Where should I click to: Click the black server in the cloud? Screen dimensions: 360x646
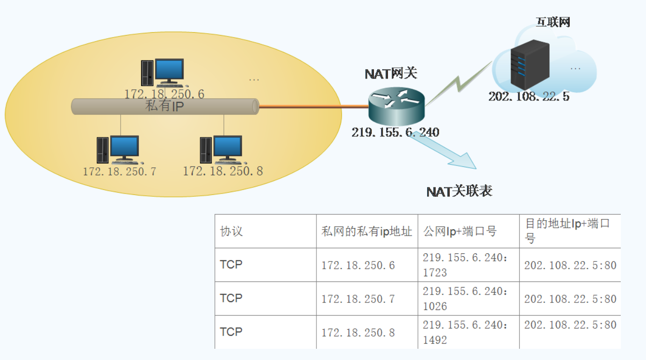coord(529,65)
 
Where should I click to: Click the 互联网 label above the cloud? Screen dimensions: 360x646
coord(553,22)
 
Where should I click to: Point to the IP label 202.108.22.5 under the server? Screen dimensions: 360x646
coord(529,97)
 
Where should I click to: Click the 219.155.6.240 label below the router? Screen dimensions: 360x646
coord(395,132)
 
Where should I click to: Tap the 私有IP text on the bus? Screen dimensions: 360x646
coord(165,107)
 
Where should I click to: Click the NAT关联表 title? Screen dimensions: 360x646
coord(459,191)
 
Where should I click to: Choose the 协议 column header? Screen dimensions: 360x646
coord(231,231)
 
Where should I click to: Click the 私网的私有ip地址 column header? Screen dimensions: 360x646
coord(367,231)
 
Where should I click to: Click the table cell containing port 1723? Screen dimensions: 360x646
coord(468,265)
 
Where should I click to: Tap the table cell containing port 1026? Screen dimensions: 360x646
coord(468,299)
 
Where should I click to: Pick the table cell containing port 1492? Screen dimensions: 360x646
coord(468,332)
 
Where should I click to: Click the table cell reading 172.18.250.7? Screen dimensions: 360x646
coord(358,299)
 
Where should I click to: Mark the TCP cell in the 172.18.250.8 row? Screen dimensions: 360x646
coord(231,332)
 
